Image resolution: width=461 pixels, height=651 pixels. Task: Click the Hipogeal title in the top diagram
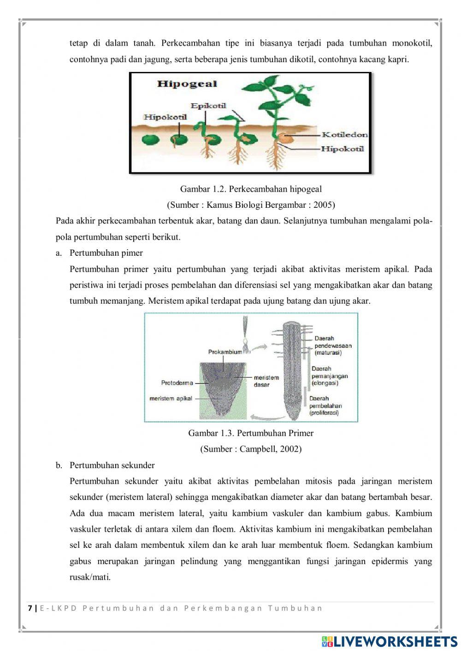[187, 84]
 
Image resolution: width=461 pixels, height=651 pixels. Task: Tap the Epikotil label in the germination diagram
[208, 106]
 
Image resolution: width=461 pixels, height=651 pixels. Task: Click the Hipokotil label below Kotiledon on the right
[342, 149]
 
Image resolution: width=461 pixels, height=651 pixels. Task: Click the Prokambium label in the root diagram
[225, 352]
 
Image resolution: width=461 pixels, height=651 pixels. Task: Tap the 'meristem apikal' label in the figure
[171, 399]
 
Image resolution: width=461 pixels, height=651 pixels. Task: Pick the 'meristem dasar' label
[266, 381]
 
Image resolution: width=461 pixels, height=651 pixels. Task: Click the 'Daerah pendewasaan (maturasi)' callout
[333, 346]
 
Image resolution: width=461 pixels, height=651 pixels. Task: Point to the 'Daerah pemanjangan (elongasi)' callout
[329, 376]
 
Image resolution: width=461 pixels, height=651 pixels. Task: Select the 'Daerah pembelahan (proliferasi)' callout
[325, 406]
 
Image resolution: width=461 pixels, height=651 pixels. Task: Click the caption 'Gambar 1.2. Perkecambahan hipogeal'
[251, 189]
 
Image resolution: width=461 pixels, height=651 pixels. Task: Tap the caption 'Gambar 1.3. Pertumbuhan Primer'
[251, 433]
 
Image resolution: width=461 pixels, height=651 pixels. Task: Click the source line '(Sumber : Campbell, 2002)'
[251, 449]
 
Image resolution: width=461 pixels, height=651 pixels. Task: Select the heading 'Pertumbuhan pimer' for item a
[106, 253]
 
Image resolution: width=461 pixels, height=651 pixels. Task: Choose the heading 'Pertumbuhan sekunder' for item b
[112, 465]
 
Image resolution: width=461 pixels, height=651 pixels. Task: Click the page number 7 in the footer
[30, 608]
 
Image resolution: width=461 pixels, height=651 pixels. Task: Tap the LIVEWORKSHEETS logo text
[395, 641]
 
